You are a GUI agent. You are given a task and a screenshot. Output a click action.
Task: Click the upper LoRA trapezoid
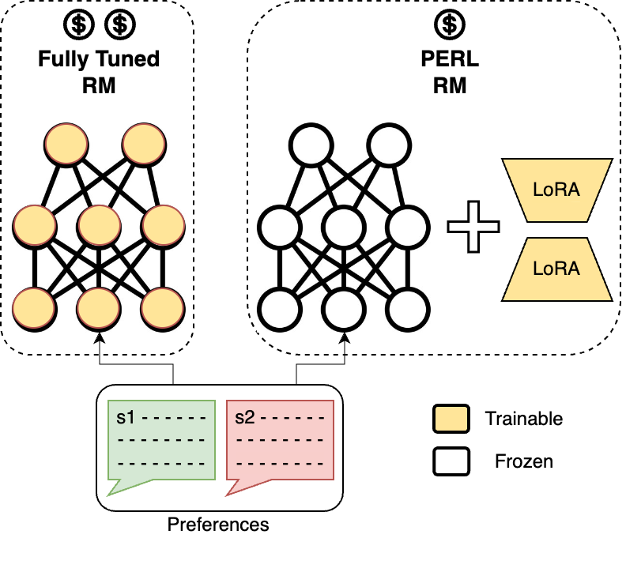(x=556, y=190)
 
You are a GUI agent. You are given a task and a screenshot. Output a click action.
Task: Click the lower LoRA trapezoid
(x=556, y=269)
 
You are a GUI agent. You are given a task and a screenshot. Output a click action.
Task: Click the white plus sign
(x=473, y=227)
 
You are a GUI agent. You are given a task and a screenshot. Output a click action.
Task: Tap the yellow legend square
(x=451, y=419)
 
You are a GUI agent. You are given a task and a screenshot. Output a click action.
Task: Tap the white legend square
(x=451, y=461)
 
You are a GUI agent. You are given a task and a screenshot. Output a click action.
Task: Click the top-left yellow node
(x=66, y=144)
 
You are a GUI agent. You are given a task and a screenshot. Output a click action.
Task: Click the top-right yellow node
(x=143, y=144)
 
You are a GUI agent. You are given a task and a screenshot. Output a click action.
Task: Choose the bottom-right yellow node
(x=163, y=307)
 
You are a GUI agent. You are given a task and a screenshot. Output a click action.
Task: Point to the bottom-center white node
(x=343, y=309)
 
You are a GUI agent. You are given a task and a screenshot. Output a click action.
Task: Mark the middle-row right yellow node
(x=163, y=226)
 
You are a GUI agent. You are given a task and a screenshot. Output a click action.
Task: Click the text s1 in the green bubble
(x=126, y=417)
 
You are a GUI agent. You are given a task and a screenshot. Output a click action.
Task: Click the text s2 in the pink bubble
(x=245, y=417)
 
